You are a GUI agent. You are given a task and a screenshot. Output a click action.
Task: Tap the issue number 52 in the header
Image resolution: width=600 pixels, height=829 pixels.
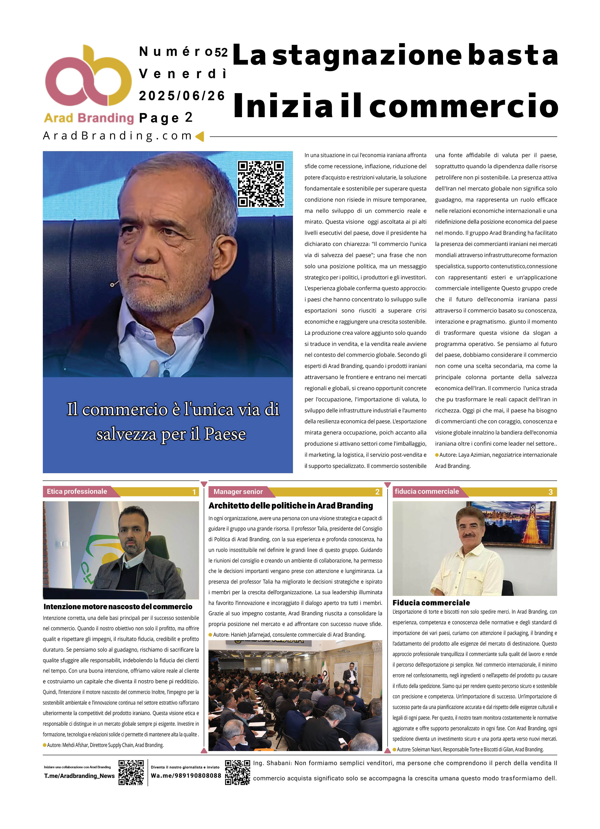point(221,53)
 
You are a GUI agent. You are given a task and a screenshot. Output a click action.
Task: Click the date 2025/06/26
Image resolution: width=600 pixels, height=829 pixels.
point(182,96)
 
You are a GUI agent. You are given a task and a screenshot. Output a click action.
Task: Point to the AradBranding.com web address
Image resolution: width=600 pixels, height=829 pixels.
point(118,136)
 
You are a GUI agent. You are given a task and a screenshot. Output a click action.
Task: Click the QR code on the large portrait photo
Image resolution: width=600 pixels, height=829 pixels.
point(261,184)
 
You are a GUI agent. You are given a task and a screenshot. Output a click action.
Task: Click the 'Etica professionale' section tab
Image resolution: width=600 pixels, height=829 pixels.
point(77,492)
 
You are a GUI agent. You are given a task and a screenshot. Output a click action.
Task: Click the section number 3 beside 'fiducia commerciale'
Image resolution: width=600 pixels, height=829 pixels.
point(550,492)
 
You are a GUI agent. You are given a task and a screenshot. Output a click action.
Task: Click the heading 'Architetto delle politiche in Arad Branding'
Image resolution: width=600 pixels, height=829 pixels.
point(291,506)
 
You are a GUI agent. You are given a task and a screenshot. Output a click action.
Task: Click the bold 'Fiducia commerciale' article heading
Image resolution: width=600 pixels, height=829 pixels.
point(431,603)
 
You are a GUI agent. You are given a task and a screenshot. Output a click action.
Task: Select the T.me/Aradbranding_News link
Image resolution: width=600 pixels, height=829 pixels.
point(79,776)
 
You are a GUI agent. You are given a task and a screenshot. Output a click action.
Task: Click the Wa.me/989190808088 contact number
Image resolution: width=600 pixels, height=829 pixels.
point(186,776)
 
